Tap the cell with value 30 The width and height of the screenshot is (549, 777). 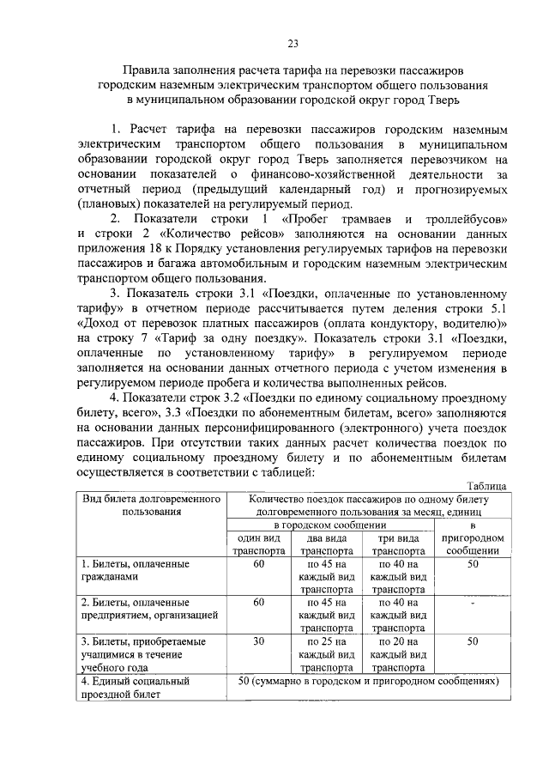[x=260, y=640]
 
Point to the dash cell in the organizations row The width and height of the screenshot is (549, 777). [x=473, y=603]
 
